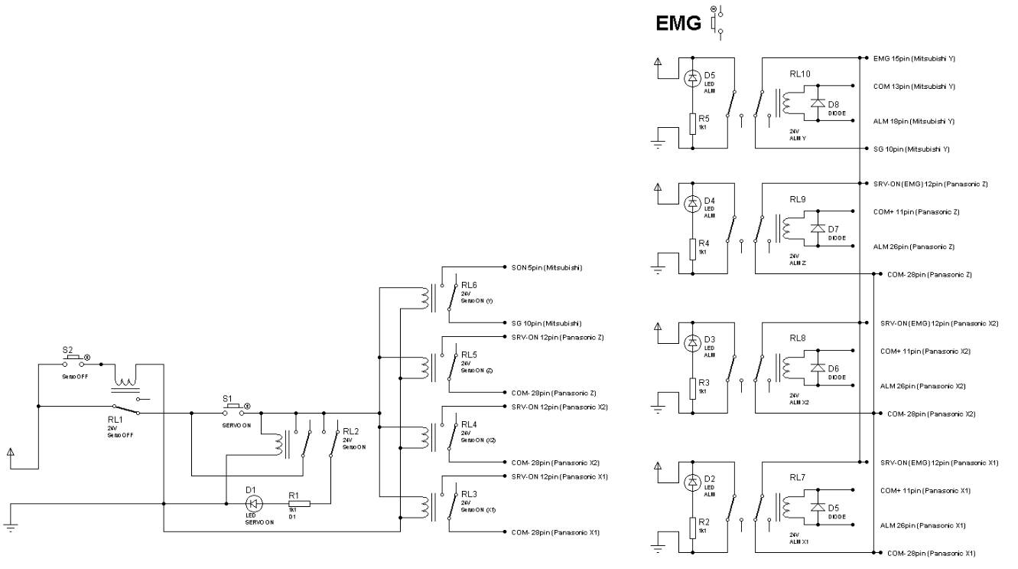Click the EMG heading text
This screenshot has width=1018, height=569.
pos(678,24)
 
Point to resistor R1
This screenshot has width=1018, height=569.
pos(299,503)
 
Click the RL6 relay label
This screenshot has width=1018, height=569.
pos(469,285)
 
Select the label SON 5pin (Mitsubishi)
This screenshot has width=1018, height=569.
pos(547,268)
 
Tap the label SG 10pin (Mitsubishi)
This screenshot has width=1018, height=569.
pos(546,323)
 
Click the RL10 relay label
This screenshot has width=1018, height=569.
pos(800,74)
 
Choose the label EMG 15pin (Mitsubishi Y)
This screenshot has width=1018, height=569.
pos(914,58)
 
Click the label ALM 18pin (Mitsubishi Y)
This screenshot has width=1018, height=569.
pos(914,121)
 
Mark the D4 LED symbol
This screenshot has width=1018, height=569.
pos(693,204)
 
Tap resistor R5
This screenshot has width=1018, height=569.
pos(693,123)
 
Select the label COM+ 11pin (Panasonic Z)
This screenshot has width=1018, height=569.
pos(916,211)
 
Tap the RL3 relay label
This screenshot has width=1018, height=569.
pos(469,495)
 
